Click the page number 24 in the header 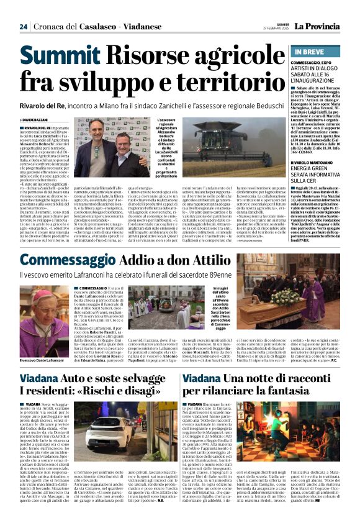tap(23, 26)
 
